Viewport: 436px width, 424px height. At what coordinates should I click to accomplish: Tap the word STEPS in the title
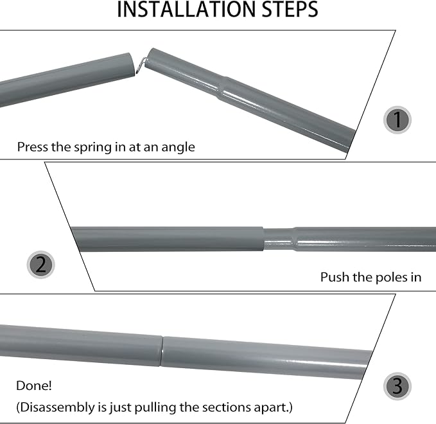[290, 9]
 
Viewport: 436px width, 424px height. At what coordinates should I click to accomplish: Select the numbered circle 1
[397, 120]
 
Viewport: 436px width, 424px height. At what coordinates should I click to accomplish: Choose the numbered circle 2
[41, 265]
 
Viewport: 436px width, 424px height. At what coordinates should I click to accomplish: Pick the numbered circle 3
[397, 387]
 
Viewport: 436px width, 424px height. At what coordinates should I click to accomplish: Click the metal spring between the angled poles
[141, 66]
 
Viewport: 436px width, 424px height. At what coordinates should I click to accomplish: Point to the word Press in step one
[33, 147]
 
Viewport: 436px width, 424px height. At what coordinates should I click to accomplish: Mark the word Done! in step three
[34, 385]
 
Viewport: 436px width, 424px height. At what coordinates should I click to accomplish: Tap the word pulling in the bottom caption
[155, 408]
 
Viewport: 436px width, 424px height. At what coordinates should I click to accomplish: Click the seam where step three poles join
[162, 351]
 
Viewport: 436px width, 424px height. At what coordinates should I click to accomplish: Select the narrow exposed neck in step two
[279, 239]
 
